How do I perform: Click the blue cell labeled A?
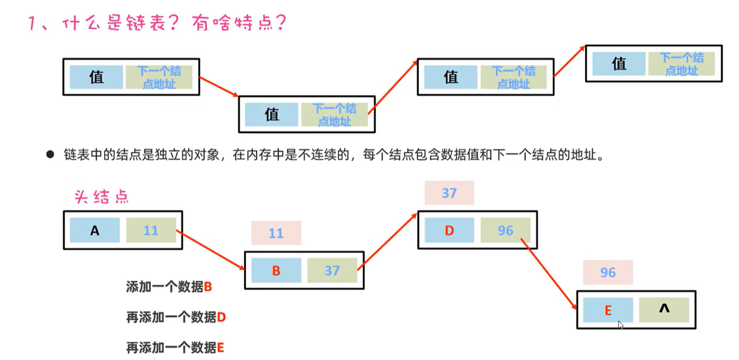[x=95, y=230]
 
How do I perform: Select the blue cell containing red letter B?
[x=276, y=270]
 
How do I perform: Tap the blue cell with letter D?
[x=449, y=230]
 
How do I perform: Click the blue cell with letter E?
[x=608, y=310]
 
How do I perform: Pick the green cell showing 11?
[x=151, y=230]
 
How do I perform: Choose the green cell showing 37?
[x=332, y=270]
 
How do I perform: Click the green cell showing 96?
[x=505, y=230]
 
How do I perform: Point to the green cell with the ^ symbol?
[x=664, y=310]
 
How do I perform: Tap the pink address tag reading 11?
[x=276, y=233]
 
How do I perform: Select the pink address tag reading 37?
[x=449, y=193]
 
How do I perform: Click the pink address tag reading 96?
[x=608, y=272]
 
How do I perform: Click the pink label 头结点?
[x=101, y=198]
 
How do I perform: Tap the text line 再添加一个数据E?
[x=175, y=348]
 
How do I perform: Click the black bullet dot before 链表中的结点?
[x=50, y=155]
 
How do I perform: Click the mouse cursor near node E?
[x=621, y=324]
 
